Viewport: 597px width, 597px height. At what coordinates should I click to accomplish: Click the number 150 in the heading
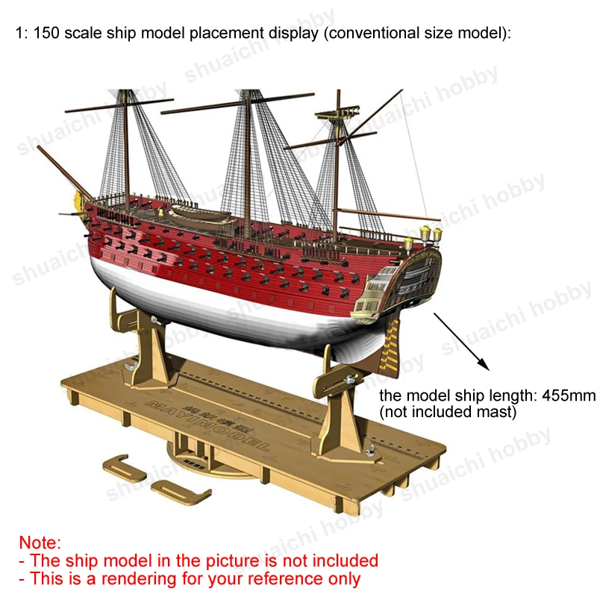[46, 33]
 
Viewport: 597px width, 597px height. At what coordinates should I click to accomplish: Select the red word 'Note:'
[40, 543]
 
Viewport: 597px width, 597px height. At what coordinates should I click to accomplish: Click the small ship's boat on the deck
[199, 214]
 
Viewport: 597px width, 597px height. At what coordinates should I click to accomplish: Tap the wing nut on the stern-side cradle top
[350, 379]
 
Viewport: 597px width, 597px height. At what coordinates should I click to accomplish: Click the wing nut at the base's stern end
[370, 452]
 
